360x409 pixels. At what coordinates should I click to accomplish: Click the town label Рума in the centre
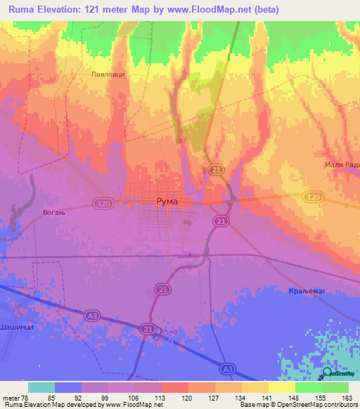click(166, 202)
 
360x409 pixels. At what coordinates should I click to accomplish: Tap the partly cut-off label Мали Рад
click(342, 164)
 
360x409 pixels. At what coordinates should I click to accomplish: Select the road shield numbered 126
click(314, 197)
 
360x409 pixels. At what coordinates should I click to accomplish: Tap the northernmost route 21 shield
click(216, 169)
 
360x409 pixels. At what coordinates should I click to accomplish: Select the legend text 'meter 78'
click(15, 398)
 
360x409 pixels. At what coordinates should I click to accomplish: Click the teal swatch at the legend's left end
click(41, 387)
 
